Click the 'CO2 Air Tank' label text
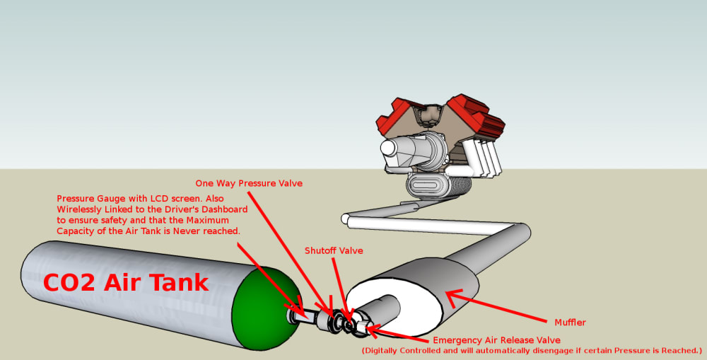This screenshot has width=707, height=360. coord(126,282)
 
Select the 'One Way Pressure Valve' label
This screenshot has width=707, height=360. coord(249,183)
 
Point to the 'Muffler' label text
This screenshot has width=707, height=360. coord(570,323)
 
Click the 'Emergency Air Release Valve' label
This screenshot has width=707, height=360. coord(496,340)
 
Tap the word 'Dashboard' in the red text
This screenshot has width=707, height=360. coord(220,209)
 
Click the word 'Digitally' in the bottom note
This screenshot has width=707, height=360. coord(387,351)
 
